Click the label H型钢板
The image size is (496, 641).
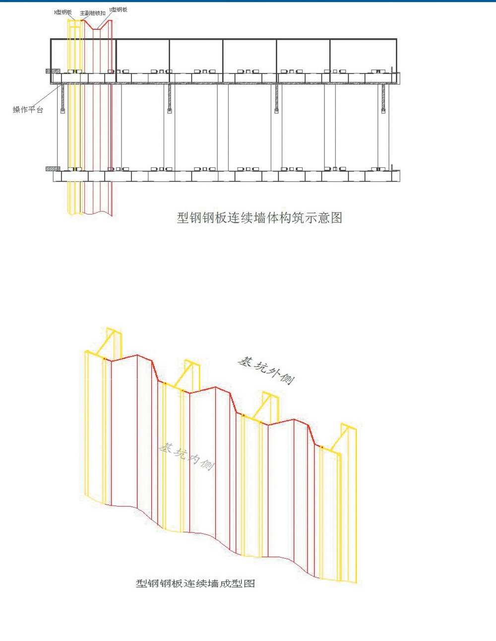point(63,12)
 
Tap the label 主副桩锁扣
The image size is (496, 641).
point(92,13)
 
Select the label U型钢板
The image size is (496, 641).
point(118,10)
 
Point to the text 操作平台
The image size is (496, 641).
point(28,110)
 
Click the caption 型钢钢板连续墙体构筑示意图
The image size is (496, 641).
point(259,217)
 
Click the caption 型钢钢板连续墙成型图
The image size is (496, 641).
point(195,583)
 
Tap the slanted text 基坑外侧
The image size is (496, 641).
point(266,370)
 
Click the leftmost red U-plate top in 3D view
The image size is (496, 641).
point(131,357)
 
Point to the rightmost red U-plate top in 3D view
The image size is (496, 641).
point(298,423)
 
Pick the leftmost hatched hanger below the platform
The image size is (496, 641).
point(63,97)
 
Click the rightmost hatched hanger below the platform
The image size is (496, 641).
point(383,97)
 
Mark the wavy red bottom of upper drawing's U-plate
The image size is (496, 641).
point(97,213)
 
